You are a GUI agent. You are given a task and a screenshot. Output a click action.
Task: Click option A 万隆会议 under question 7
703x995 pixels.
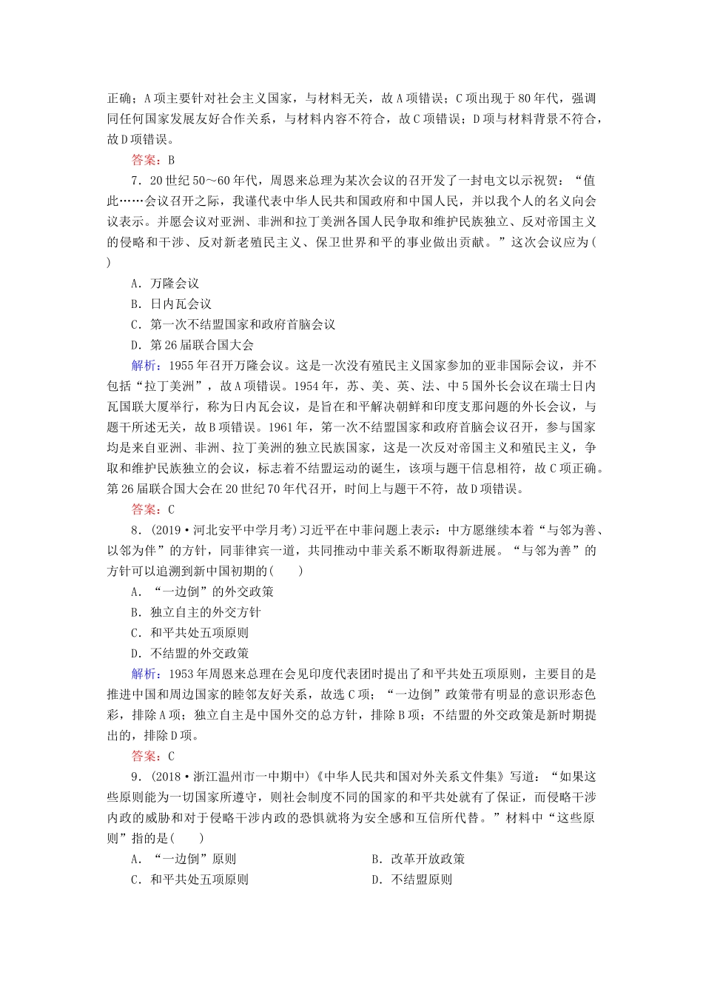coord(165,283)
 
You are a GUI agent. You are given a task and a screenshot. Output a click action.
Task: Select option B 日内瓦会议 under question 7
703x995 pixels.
coord(171,304)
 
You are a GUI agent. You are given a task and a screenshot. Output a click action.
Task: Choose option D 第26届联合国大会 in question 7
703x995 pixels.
coord(192,344)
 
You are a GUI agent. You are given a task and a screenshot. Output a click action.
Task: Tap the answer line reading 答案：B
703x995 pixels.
coord(152,159)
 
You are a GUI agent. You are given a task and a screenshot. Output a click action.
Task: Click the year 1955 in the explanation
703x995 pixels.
coord(182,365)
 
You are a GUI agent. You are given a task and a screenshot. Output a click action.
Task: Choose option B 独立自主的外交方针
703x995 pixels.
coord(195,612)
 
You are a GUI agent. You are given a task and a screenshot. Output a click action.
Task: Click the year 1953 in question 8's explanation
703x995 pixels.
coord(182,674)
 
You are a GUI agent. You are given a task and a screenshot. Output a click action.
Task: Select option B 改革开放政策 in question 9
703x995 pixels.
coord(418,859)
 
